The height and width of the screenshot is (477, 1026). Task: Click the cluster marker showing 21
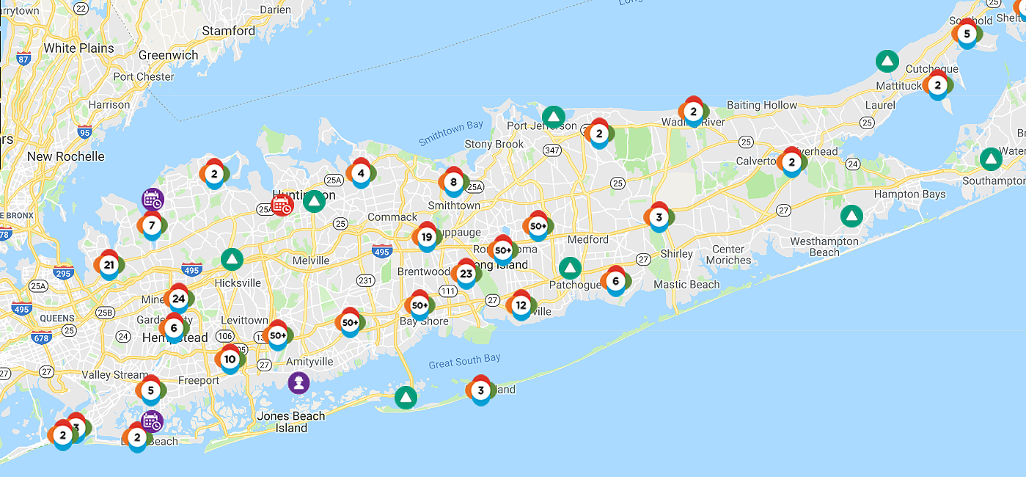(109, 265)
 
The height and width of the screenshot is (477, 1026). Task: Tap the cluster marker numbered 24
(178, 299)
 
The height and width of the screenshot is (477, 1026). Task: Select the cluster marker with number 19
(426, 237)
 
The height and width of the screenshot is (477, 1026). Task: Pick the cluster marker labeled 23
(466, 274)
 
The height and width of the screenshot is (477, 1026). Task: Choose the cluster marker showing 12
(521, 305)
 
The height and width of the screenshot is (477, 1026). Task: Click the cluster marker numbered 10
(230, 359)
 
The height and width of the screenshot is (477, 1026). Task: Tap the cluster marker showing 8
(453, 182)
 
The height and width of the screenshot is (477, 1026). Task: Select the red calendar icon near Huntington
(282, 205)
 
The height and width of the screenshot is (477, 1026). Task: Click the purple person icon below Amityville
(298, 382)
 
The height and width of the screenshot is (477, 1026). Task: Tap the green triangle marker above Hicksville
(232, 259)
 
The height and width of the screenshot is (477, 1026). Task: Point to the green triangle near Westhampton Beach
(851, 216)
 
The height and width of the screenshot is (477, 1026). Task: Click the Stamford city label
(229, 31)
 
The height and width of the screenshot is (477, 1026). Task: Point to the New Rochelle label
(66, 156)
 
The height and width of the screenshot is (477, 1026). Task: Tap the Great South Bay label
(464, 360)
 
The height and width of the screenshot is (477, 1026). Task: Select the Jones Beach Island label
(291, 422)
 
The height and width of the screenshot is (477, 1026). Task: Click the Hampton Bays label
(909, 194)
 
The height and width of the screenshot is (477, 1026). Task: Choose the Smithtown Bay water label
(451, 134)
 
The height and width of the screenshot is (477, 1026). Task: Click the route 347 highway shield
(553, 150)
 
